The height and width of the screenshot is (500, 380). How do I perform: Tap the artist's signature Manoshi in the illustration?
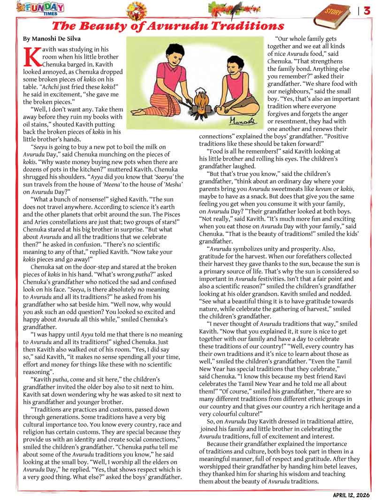[244, 121]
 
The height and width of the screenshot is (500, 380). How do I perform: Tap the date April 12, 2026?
[350, 494]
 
